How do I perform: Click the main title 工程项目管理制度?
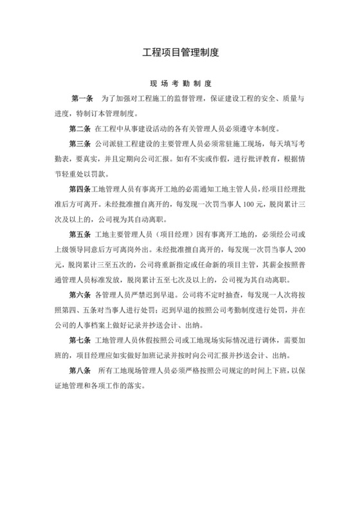click(x=180, y=53)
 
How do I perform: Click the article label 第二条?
click(x=78, y=129)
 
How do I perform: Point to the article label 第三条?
click(x=78, y=143)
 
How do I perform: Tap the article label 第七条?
click(x=78, y=338)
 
